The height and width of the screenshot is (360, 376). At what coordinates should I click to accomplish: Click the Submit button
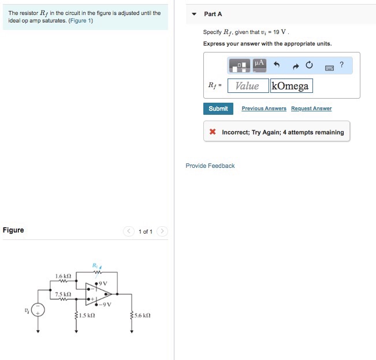[x=218, y=108]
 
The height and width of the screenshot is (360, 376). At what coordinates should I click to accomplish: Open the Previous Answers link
[x=264, y=108]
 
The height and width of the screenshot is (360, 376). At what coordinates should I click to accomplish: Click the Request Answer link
[x=311, y=108]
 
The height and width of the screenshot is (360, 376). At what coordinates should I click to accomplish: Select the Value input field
[x=248, y=86]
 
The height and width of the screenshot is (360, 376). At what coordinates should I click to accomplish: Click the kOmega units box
[x=291, y=86]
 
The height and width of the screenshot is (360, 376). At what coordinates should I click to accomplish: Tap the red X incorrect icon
[x=213, y=132]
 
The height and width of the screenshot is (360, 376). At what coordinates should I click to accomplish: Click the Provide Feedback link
[x=210, y=166]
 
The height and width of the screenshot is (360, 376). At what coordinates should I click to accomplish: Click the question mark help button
[x=342, y=65]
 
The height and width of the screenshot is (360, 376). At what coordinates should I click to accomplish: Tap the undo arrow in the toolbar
[x=277, y=65]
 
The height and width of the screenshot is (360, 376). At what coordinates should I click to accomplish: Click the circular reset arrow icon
[x=310, y=65]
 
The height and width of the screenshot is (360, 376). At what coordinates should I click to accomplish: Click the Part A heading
[x=213, y=14]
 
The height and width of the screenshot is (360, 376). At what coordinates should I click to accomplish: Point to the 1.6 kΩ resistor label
[x=63, y=276]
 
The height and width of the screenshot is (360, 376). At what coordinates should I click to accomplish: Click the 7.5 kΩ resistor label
[x=63, y=294]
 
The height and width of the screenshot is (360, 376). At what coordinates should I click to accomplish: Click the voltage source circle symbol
[x=38, y=310]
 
